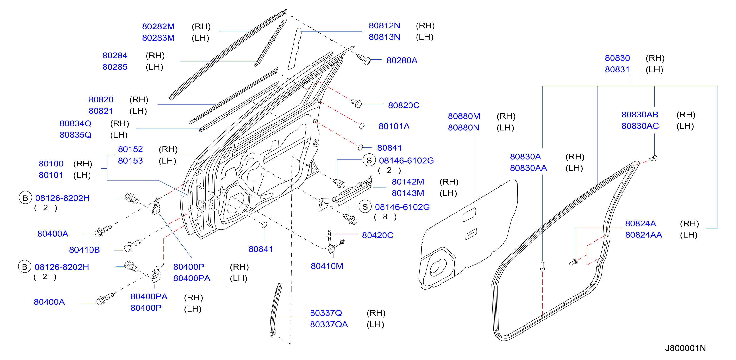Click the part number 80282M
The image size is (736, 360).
[x=158, y=26]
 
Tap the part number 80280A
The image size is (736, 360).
[x=402, y=61]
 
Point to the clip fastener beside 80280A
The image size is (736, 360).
[x=364, y=59]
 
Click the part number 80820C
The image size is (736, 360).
[x=403, y=106]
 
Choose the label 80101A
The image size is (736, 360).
[x=394, y=126]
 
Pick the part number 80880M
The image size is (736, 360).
[x=464, y=116]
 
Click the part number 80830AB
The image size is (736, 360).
[x=640, y=115]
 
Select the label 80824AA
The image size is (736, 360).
[x=643, y=235]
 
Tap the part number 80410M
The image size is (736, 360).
[x=327, y=266]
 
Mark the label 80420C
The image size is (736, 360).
[x=377, y=235]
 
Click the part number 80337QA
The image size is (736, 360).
[x=329, y=325]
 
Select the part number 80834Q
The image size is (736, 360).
[x=75, y=123]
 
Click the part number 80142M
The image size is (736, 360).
[x=408, y=182]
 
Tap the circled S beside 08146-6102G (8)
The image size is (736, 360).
[x=365, y=207]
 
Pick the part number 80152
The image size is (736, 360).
[x=130, y=149]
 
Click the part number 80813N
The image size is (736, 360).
[x=384, y=37]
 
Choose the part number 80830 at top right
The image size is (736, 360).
[x=617, y=58]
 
